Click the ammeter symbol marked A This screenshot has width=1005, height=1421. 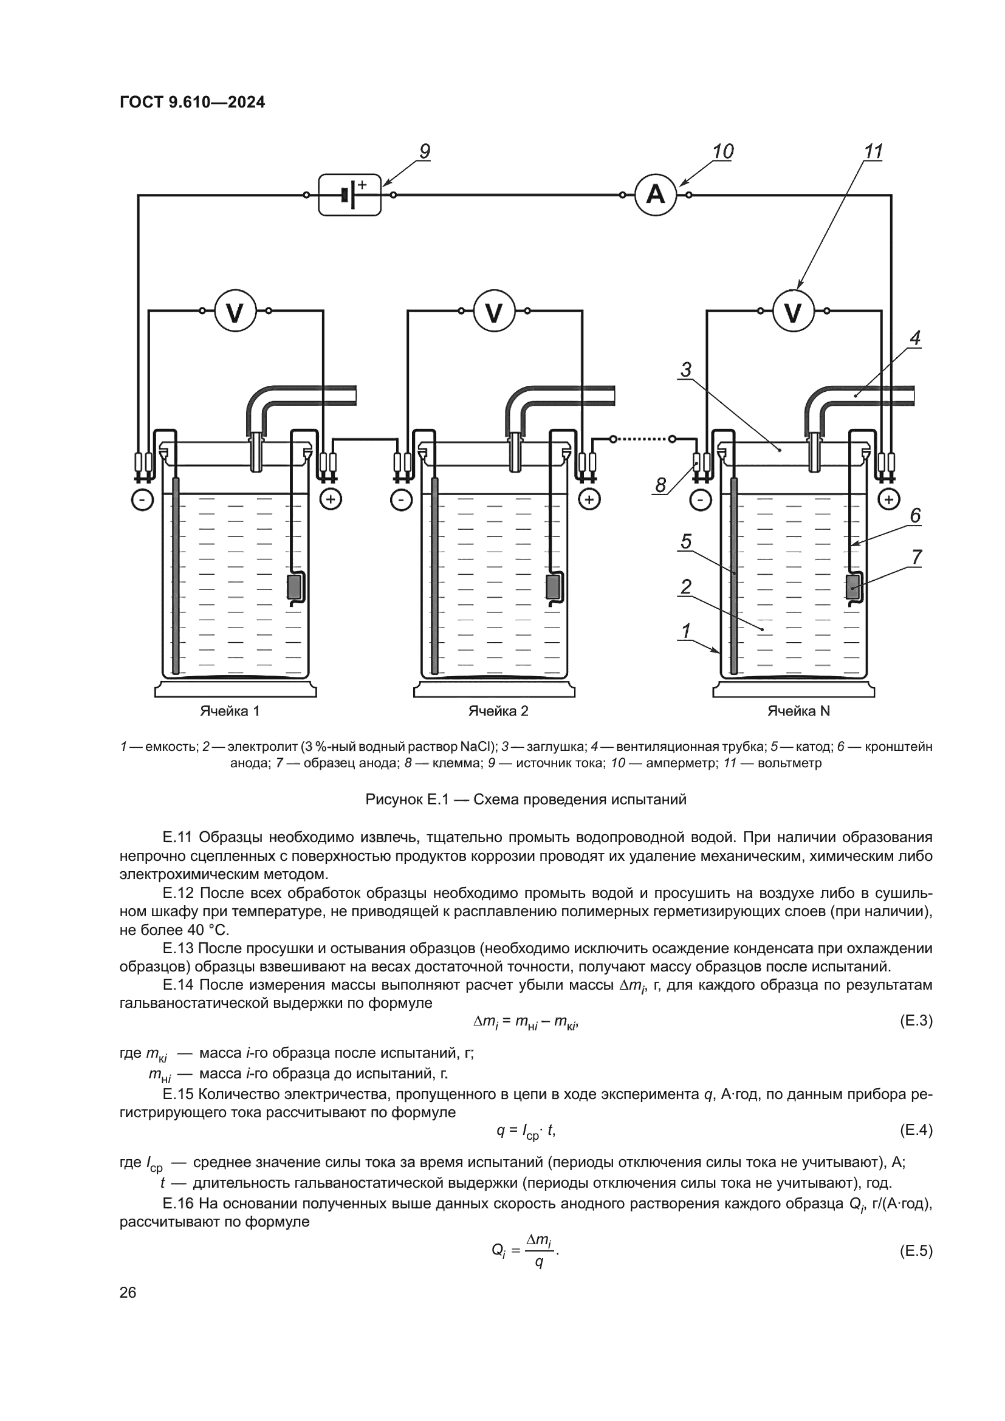(656, 195)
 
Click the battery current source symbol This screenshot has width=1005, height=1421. (349, 195)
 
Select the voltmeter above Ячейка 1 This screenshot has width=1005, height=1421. (235, 312)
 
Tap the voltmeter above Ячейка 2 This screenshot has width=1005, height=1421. (494, 312)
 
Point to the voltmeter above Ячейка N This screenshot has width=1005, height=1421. (793, 312)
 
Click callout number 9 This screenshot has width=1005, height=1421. (425, 152)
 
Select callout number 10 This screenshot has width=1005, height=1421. (722, 152)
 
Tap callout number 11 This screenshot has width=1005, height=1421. (873, 152)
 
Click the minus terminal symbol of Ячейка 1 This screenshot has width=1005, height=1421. (142, 499)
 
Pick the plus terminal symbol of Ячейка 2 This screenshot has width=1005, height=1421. (589, 499)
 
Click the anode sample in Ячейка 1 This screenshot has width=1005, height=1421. (294, 586)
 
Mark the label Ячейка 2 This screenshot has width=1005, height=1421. (498, 711)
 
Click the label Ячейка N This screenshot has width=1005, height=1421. (798, 711)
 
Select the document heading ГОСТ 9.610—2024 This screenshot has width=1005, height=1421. (193, 103)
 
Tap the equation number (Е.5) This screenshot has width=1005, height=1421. (915, 1251)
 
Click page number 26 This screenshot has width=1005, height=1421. (128, 1292)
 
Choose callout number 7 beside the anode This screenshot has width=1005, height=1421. (916, 558)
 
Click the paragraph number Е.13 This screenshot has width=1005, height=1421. (178, 949)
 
